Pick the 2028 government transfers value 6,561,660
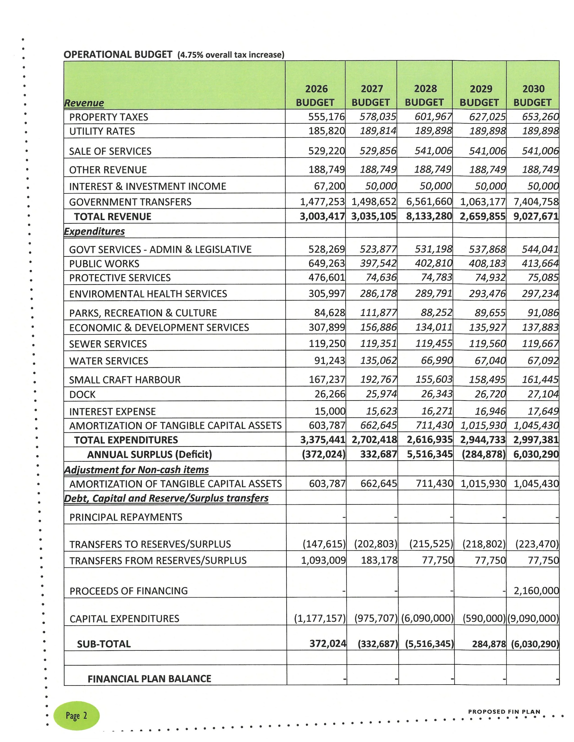[x=429, y=202]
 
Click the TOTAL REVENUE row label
[x=113, y=217]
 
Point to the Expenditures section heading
[x=95, y=231]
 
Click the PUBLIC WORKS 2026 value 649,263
[x=326, y=263]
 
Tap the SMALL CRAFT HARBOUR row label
[x=125, y=380]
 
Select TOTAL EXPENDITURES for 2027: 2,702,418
[x=374, y=440]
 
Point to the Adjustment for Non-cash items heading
[x=136, y=470]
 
